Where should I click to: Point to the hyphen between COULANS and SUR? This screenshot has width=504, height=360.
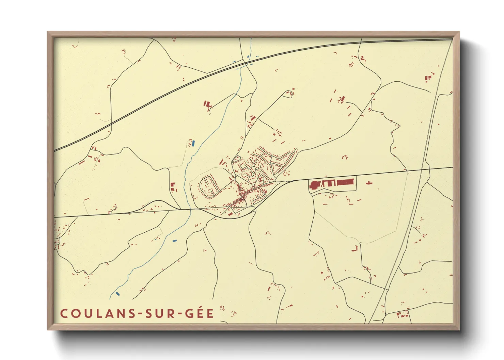tap(140, 314)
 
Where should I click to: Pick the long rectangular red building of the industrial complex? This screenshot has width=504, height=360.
tap(346, 182)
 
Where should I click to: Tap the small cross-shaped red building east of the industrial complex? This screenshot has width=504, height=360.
tap(368, 183)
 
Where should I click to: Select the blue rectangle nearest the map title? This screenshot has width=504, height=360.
tap(118, 293)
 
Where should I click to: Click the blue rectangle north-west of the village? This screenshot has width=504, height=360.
tap(193, 143)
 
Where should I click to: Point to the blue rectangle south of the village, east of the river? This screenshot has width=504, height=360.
tap(175, 241)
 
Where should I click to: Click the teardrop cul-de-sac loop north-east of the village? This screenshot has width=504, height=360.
tap(290, 93)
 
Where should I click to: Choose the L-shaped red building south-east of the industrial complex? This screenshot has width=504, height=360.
tap(355, 249)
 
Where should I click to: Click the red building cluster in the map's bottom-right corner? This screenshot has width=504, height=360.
tap(403, 314)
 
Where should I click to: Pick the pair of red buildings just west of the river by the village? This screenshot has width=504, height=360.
tap(173, 187)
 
